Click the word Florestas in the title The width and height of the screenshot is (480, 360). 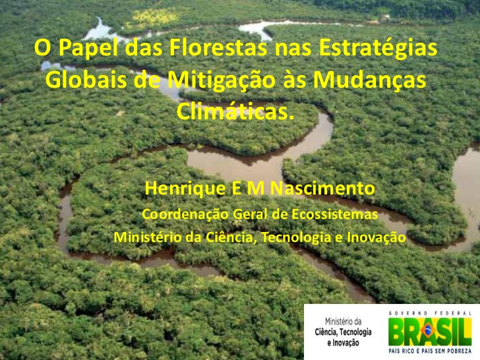click(218, 47)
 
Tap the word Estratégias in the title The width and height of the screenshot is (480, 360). click(378, 48)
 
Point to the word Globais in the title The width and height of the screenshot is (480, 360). click(86, 80)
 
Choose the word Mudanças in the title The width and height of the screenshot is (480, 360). click(369, 81)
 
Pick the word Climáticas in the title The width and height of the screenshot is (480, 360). click(233, 111)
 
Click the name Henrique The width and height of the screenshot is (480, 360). click(185, 189)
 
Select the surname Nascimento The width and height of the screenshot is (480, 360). click(322, 188)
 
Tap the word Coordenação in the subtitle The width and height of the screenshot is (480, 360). click(185, 214)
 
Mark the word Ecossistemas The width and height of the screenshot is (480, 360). click(334, 214)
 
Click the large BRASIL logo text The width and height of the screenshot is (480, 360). click(430, 332)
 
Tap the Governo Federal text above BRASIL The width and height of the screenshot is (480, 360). click(430, 313)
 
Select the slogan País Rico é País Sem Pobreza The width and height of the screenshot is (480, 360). click(430, 351)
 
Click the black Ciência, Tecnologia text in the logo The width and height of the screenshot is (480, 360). click(343, 332)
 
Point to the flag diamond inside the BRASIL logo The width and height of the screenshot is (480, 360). click(428, 330)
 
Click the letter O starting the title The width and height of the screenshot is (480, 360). click(42, 47)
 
